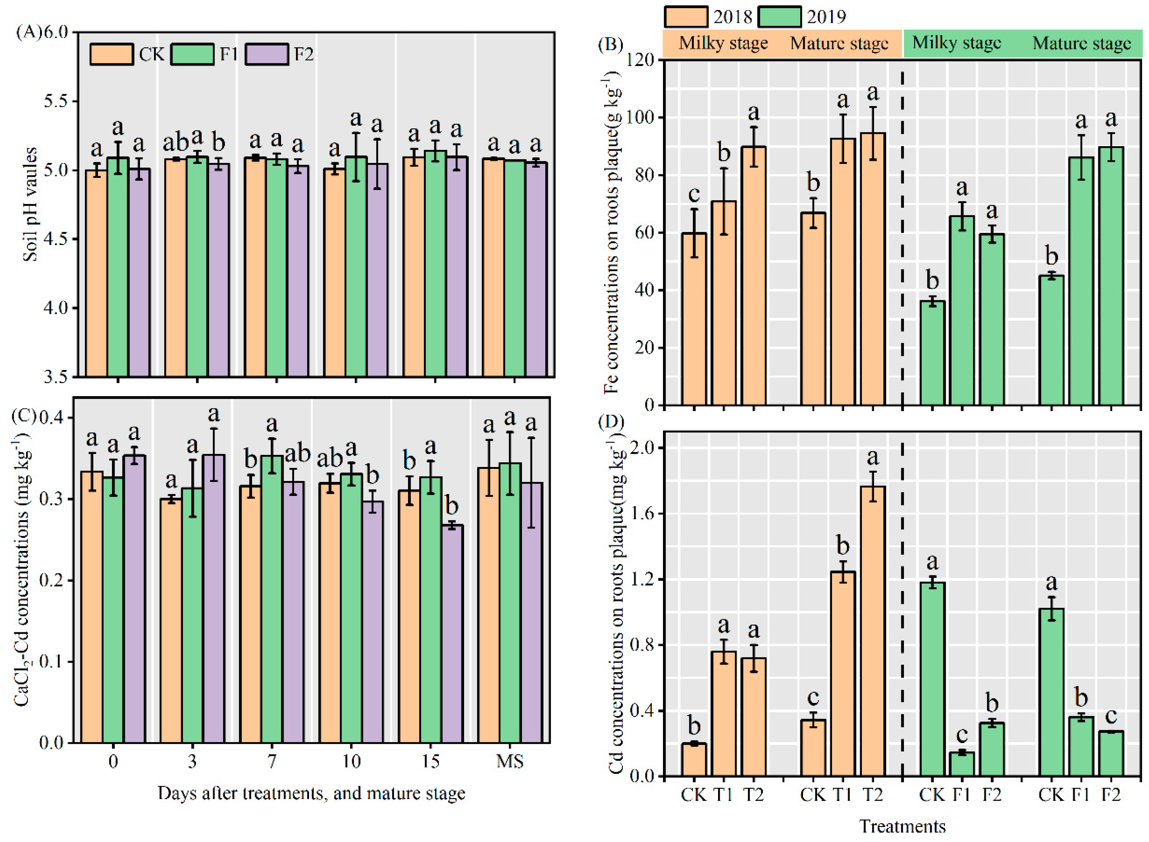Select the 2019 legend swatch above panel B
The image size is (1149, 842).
(778, 17)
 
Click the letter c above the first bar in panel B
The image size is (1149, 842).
(693, 194)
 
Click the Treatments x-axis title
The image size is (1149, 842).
(902, 826)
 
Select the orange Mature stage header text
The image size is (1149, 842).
(839, 44)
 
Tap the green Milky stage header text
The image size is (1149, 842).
(956, 43)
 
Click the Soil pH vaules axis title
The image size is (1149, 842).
(30, 204)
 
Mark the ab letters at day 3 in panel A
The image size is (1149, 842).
(175, 143)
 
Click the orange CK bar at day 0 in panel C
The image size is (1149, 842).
(92, 607)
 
